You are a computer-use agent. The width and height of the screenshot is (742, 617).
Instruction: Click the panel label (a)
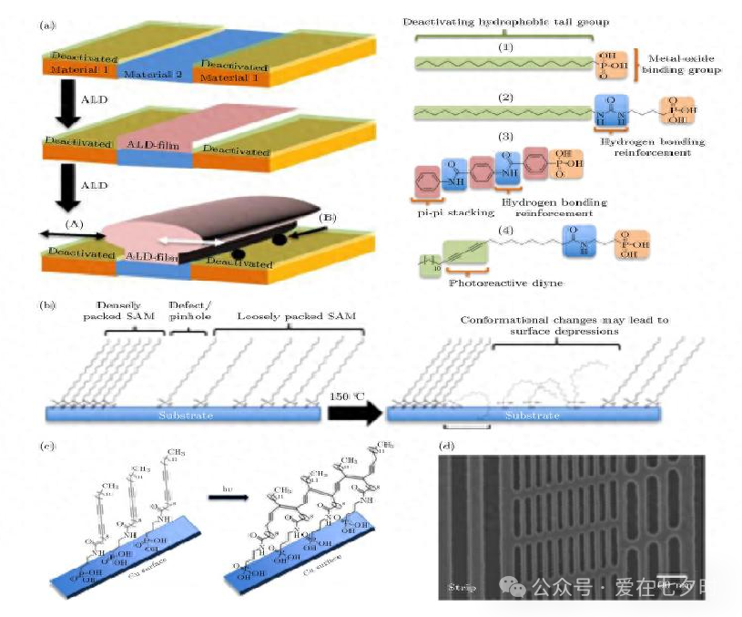46,26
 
